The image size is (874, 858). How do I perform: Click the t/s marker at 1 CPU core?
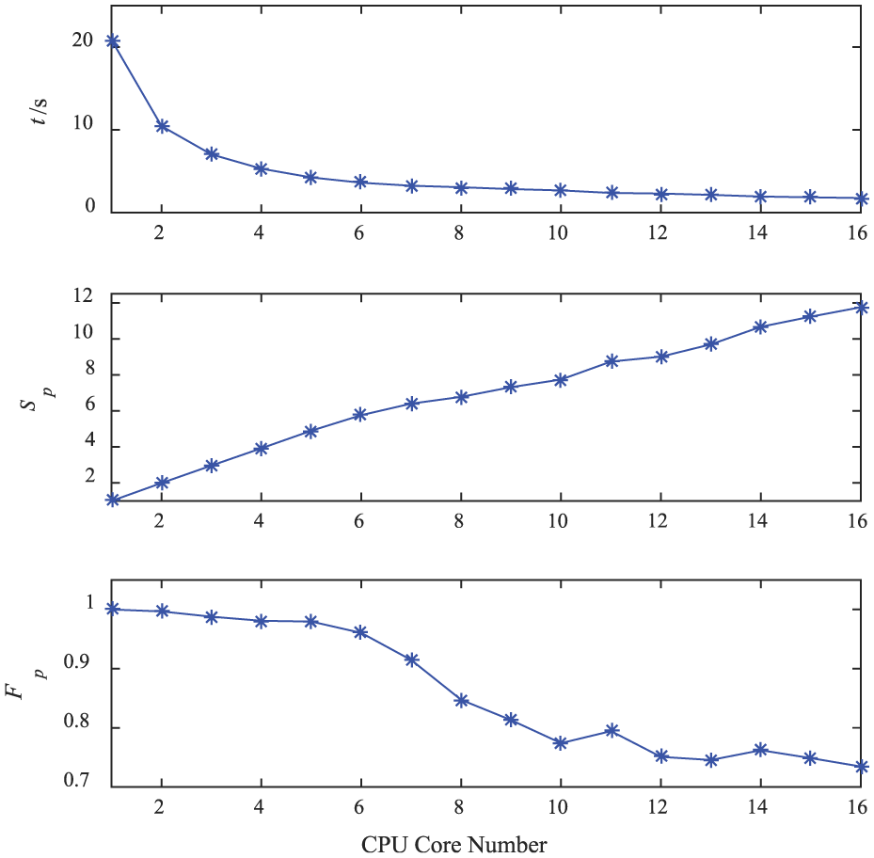click(112, 41)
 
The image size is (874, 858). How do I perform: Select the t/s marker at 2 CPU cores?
click(162, 126)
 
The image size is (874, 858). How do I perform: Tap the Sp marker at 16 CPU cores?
click(861, 308)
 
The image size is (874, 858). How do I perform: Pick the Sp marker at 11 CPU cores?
click(612, 361)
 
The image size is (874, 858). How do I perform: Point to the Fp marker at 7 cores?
click(411, 659)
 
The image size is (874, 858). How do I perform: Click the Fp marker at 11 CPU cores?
click(612, 730)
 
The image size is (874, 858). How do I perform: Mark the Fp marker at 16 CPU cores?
click(861, 767)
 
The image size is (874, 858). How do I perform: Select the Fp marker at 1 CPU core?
click(112, 609)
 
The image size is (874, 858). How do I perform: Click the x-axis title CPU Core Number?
click(453, 843)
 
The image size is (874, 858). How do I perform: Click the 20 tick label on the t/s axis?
click(84, 41)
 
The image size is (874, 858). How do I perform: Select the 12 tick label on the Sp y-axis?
click(84, 297)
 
